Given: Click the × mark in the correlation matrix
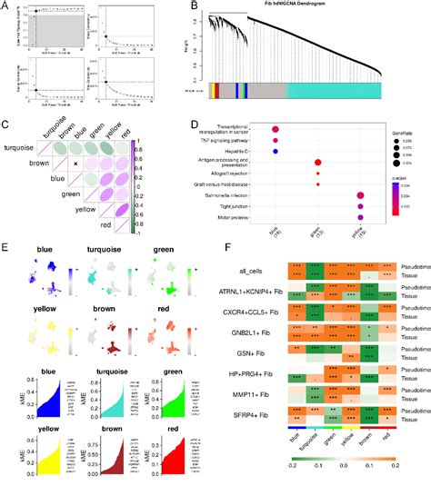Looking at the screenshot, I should (x=77, y=163).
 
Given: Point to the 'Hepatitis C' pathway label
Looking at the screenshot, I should (x=250, y=151).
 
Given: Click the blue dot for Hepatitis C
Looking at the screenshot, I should (x=276, y=151).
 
